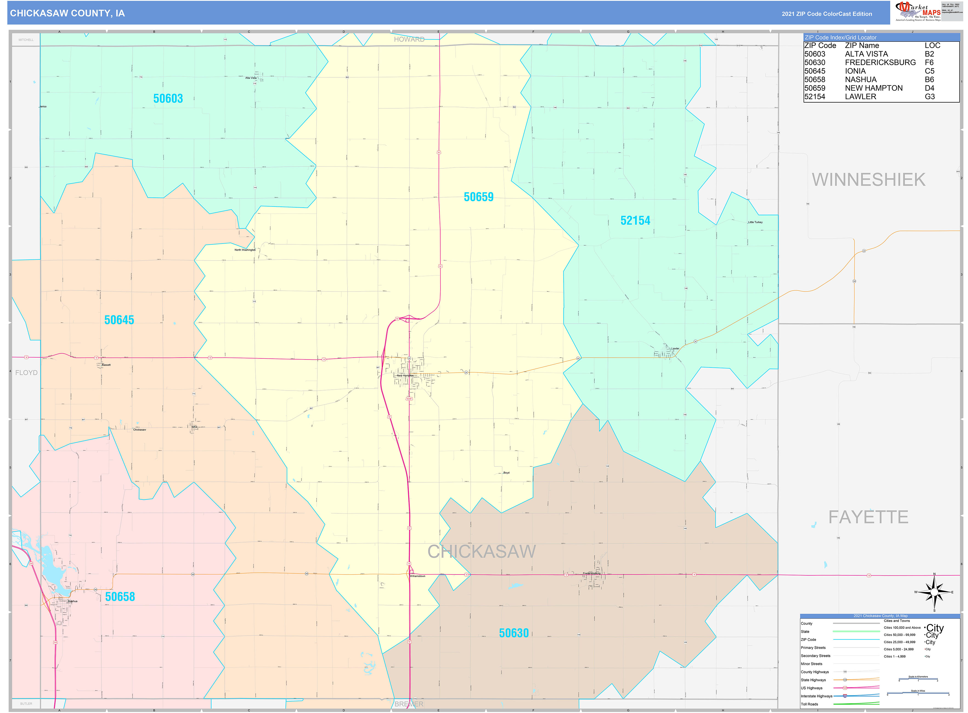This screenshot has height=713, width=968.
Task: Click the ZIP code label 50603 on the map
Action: (x=168, y=99)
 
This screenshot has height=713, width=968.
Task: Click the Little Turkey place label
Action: (x=755, y=222)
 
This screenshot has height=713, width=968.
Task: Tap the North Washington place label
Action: (x=245, y=250)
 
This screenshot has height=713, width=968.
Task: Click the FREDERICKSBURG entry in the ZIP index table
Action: (x=880, y=63)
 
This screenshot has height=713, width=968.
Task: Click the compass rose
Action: (x=934, y=592)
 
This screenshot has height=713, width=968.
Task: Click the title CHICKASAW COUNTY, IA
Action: (x=67, y=13)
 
